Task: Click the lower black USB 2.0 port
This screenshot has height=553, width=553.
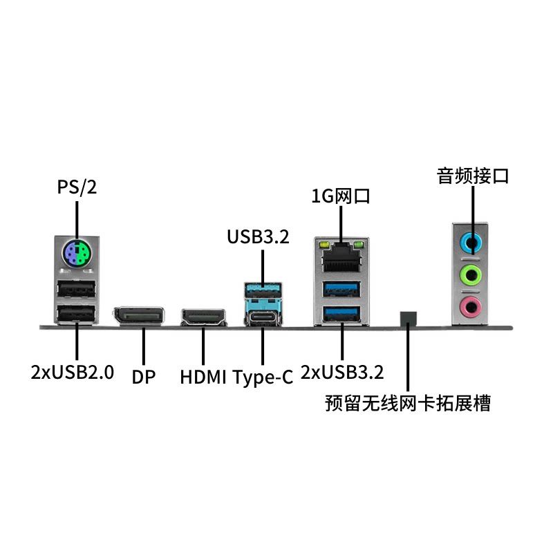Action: coord(75,315)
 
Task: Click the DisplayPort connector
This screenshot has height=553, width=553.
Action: coord(140,317)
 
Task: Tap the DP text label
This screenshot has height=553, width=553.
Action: coord(144,377)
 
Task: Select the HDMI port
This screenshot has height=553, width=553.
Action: coord(203,318)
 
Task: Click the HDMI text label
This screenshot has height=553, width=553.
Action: coord(204,377)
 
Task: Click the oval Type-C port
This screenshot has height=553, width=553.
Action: coord(263,317)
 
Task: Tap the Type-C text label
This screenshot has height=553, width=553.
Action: coord(263,377)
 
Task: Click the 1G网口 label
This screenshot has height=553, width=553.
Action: coord(341,196)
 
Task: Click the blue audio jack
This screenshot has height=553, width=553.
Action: coord(471,243)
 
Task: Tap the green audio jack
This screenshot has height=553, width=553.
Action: coord(471,274)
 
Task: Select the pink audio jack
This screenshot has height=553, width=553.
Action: coord(471,304)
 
